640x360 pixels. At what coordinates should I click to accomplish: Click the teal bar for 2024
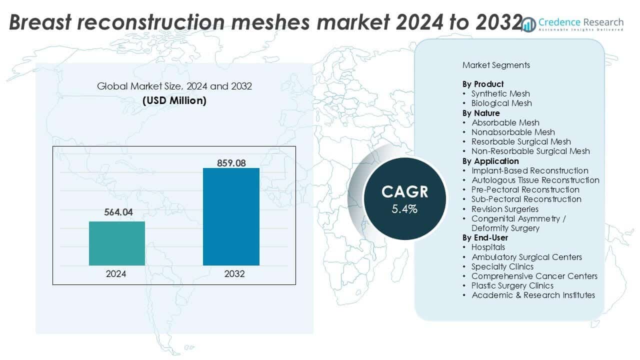(x=117, y=243)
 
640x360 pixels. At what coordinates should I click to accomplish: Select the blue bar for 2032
(x=231, y=216)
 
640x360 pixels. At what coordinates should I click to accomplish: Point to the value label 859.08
(x=231, y=163)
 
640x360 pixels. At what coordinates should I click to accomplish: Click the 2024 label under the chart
(x=117, y=274)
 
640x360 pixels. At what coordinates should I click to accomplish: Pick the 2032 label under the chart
(x=231, y=274)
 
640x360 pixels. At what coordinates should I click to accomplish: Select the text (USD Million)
(x=174, y=100)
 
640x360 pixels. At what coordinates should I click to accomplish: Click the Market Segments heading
(x=496, y=65)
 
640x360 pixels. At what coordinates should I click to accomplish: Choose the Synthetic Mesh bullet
(x=500, y=93)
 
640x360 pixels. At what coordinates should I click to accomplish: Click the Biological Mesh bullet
(x=501, y=103)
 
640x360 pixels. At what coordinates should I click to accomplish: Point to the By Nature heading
(x=480, y=113)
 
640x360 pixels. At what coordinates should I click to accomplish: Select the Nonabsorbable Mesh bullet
(x=512, y=132)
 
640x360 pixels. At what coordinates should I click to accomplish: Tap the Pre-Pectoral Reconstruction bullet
(x=525, y=189)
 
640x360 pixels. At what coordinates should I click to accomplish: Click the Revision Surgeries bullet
(x=504, y=209)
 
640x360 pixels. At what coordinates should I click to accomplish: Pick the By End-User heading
(x=485, y=237)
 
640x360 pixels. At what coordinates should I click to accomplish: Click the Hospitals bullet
(x=487, y=247)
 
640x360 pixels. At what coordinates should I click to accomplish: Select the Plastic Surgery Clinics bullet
(x=512, y=285)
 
